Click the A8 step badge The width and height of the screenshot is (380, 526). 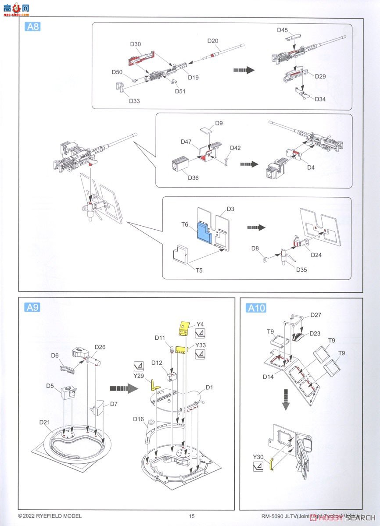33,27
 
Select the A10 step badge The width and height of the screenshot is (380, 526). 257,308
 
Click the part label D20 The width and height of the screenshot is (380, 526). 213,41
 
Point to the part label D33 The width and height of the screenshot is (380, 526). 134,101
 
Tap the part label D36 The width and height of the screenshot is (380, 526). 193,178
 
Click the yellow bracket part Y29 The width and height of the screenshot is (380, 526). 154,385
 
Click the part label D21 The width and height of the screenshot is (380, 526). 45,422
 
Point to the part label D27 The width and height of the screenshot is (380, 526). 316,315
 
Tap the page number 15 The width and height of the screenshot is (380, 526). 191,516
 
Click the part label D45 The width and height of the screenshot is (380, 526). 283,30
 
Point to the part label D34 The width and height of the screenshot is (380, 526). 320,99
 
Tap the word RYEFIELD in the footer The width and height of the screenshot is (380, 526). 52,516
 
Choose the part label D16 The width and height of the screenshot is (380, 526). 139,419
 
